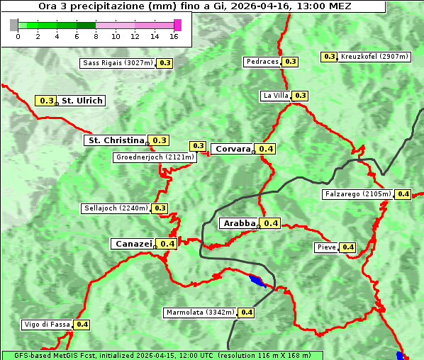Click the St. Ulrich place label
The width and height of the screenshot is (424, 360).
(82, 101)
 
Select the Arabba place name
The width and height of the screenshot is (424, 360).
(239, 223)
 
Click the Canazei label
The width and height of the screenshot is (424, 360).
(133, 244)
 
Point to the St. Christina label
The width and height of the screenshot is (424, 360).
(116, 140)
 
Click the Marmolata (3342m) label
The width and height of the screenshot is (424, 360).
(200, 313)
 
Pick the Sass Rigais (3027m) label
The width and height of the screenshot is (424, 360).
(117, 63)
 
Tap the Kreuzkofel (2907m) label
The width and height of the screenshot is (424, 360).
(374, 57)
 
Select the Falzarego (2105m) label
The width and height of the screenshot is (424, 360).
(357, 194)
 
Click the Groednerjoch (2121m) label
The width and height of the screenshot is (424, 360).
(154, 157)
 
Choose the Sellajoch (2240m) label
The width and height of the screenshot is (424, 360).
(116, 208)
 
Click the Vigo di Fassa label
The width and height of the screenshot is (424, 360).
(47, 325)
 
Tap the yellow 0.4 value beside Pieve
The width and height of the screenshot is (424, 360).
(347, 247)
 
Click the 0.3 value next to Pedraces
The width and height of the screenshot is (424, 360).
(290, 62)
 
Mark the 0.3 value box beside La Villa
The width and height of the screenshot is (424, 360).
(300, 96)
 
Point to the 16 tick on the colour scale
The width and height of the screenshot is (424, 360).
(174, 36)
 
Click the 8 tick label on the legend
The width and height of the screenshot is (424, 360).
(96, 36)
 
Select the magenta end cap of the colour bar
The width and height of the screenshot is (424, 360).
(178, 25)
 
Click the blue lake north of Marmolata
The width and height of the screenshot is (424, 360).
(257, 281)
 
